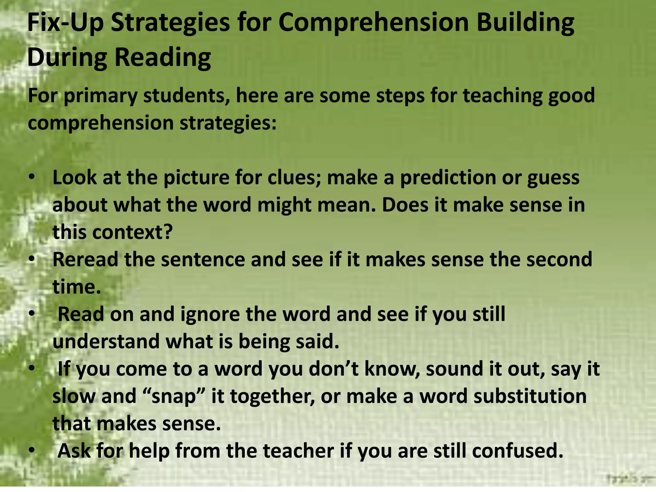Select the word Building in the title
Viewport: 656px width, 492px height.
[x=525, y=23]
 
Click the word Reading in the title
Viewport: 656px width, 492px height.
[x=162, y=58]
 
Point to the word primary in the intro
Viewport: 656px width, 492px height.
[x=100, y=96]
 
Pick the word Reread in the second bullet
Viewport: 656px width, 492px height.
[x=86, y=259]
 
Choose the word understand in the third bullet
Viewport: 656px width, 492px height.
[x=106, y=341]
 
